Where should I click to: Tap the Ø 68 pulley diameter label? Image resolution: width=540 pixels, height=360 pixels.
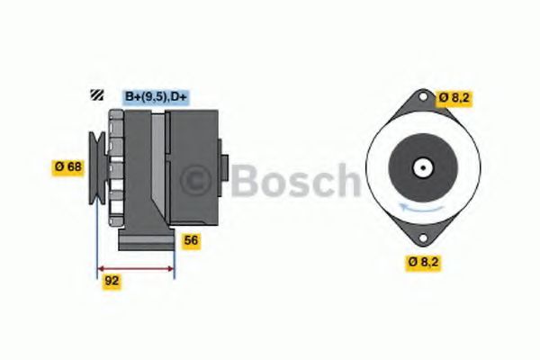69,166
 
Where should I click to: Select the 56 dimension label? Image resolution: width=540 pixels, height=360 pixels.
191,240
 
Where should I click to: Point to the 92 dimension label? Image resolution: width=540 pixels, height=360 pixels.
111,280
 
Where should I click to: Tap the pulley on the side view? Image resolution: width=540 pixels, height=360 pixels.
94,166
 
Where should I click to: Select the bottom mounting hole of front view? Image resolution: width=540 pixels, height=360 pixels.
421,238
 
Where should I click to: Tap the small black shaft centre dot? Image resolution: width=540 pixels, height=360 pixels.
421,167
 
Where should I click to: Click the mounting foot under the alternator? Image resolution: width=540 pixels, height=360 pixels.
146,239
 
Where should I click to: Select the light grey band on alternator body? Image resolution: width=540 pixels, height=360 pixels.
158,166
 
